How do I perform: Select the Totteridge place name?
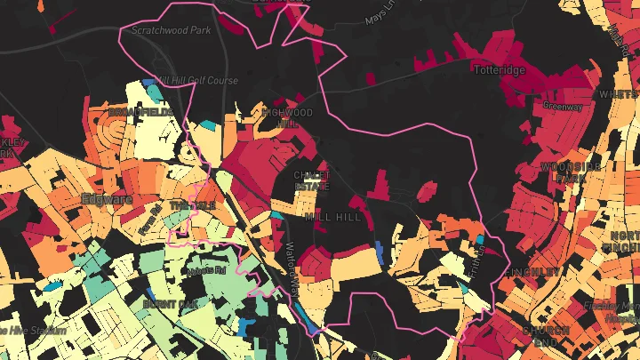[500, 69]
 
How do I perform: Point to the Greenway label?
[564, 107]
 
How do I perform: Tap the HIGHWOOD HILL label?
[287, 118]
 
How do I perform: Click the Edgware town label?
[106, 198]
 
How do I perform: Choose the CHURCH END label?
[545, 336]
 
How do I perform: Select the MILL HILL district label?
[333, 216]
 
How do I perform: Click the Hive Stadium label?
[36, 331]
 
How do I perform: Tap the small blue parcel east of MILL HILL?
[379, 252]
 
